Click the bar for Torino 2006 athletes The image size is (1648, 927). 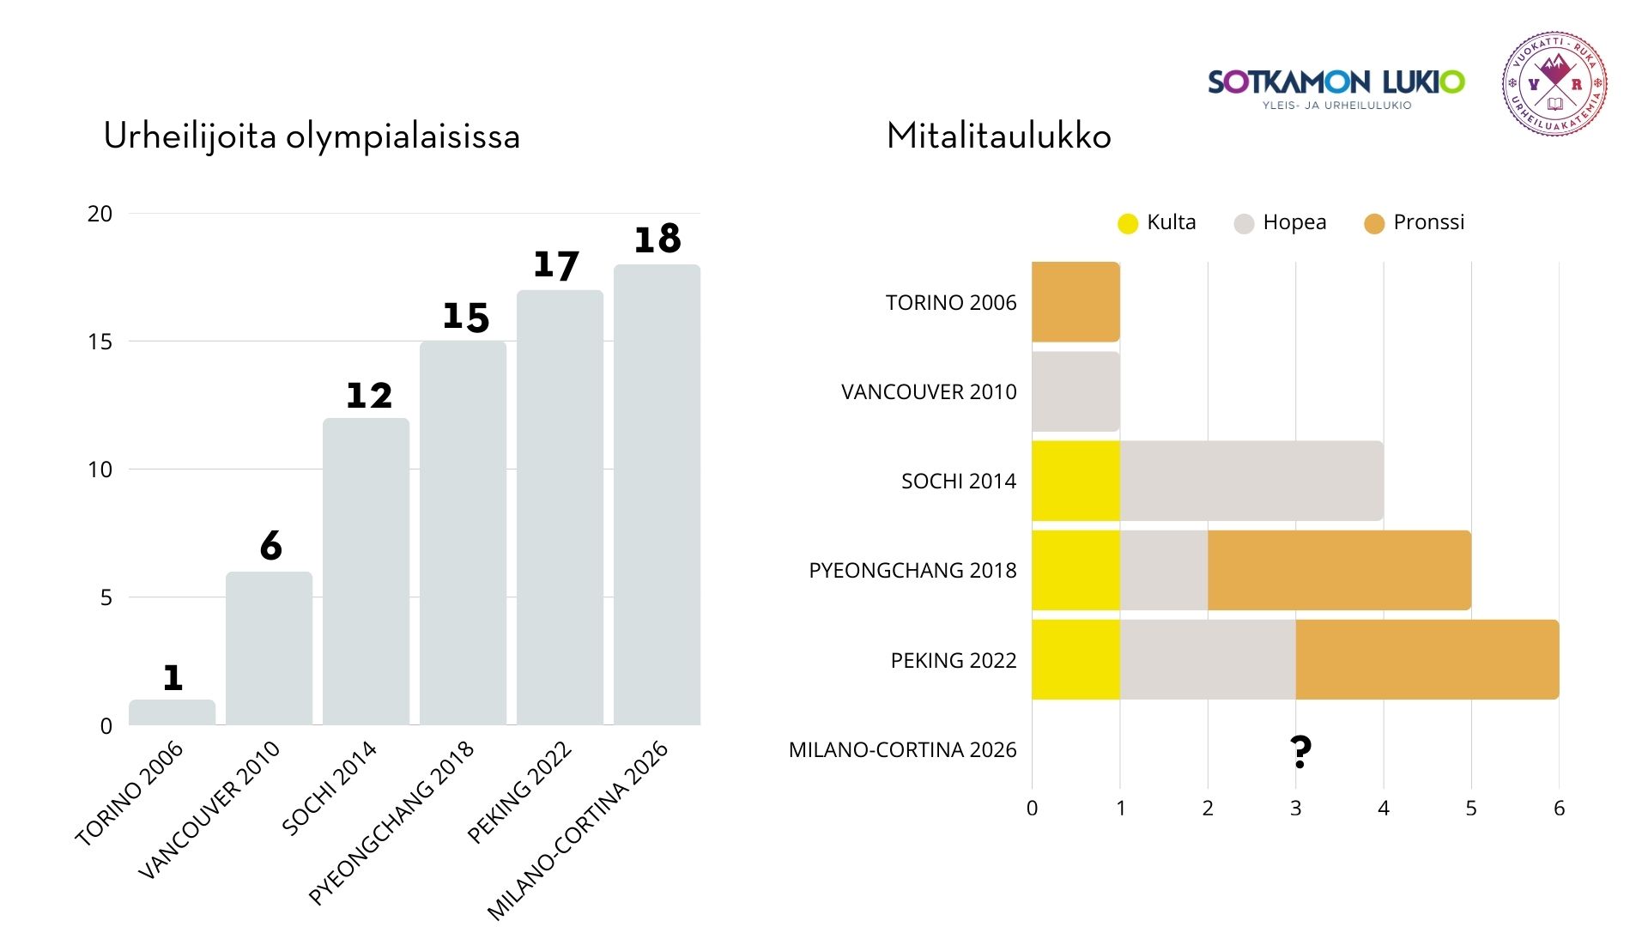click(172, 712)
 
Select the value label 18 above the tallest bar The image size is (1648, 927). click(657, 239)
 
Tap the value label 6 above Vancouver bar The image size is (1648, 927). click(270, 546)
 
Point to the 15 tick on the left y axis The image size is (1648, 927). click(100, 342)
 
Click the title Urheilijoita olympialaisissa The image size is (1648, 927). click(312, 136)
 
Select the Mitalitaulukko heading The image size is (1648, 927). click(998, 136)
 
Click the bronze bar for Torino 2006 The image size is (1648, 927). click(1075, 302)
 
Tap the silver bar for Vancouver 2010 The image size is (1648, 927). click(1075, 391)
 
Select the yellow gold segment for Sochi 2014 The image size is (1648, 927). click(1075, 481)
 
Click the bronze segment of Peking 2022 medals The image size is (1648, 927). click(1427, 659)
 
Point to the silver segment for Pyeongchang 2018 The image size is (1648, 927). click(1164, 570)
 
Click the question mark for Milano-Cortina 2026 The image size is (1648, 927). click(1300, 752)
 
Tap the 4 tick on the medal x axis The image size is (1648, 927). click(1383, 808)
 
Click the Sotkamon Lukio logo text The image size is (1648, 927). click(1336, 83)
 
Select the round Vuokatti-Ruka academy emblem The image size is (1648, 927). click(1554, 84)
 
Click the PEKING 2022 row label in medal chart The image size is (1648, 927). click(953, 660)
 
